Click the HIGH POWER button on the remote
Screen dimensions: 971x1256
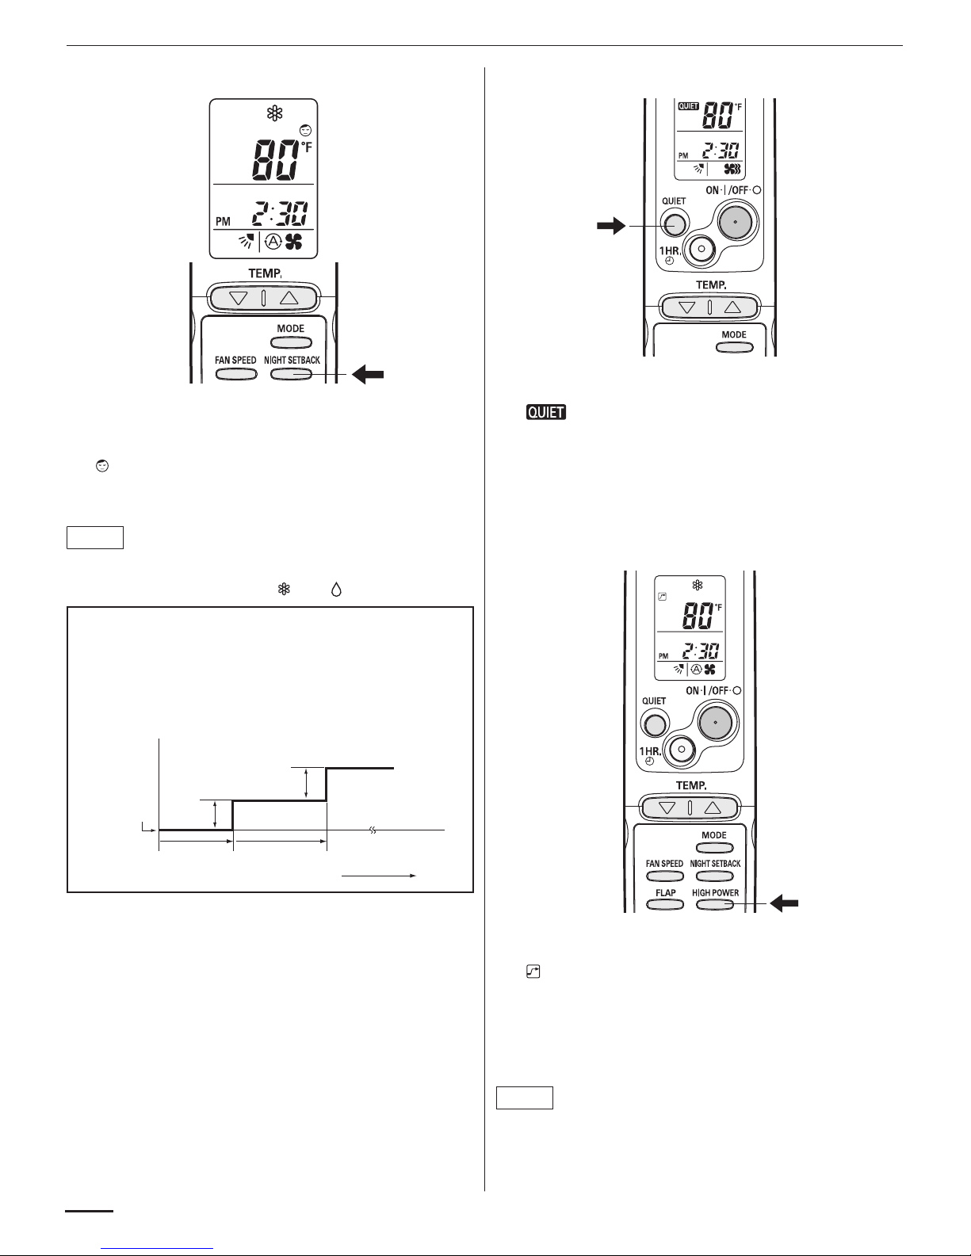(715, 905)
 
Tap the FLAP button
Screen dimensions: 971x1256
(665, 905)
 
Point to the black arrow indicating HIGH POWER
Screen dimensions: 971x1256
(785, 903)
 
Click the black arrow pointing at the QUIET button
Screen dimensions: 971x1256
(611, 225)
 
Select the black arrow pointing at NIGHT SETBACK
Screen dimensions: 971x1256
(368, 375)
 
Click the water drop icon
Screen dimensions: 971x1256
(336, 590)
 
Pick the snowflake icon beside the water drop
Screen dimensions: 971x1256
(284, 590)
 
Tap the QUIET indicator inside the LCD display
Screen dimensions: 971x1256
(688, 106)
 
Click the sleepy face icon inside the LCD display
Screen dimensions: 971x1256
(306, 131)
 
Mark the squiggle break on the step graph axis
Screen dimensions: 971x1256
(373, 830)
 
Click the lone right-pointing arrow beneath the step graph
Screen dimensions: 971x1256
(379, 876)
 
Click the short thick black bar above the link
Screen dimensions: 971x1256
(89, 1210)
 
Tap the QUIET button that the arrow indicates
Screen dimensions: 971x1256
(674, 223)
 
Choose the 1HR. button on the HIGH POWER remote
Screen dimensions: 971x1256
(682, 750)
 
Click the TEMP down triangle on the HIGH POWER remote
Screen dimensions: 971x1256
(667, 807)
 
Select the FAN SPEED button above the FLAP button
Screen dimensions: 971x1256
(665, 876)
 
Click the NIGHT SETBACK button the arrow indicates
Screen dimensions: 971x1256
(292, 374)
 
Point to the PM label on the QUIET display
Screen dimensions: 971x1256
(683, 155)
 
